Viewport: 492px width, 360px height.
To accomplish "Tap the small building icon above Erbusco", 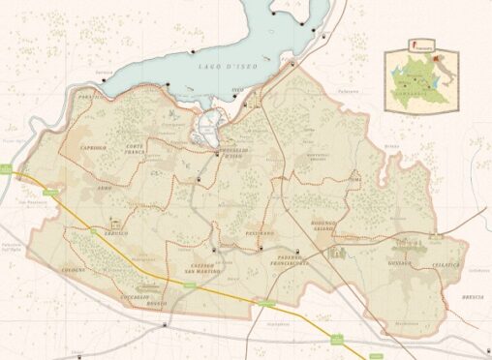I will [x=116, y=222].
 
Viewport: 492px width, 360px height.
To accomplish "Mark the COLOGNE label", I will [x=73, y=269].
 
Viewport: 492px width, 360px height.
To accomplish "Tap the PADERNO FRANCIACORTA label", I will [x=289, y=261].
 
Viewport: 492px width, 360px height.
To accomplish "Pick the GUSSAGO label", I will [x=397, y=262].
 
